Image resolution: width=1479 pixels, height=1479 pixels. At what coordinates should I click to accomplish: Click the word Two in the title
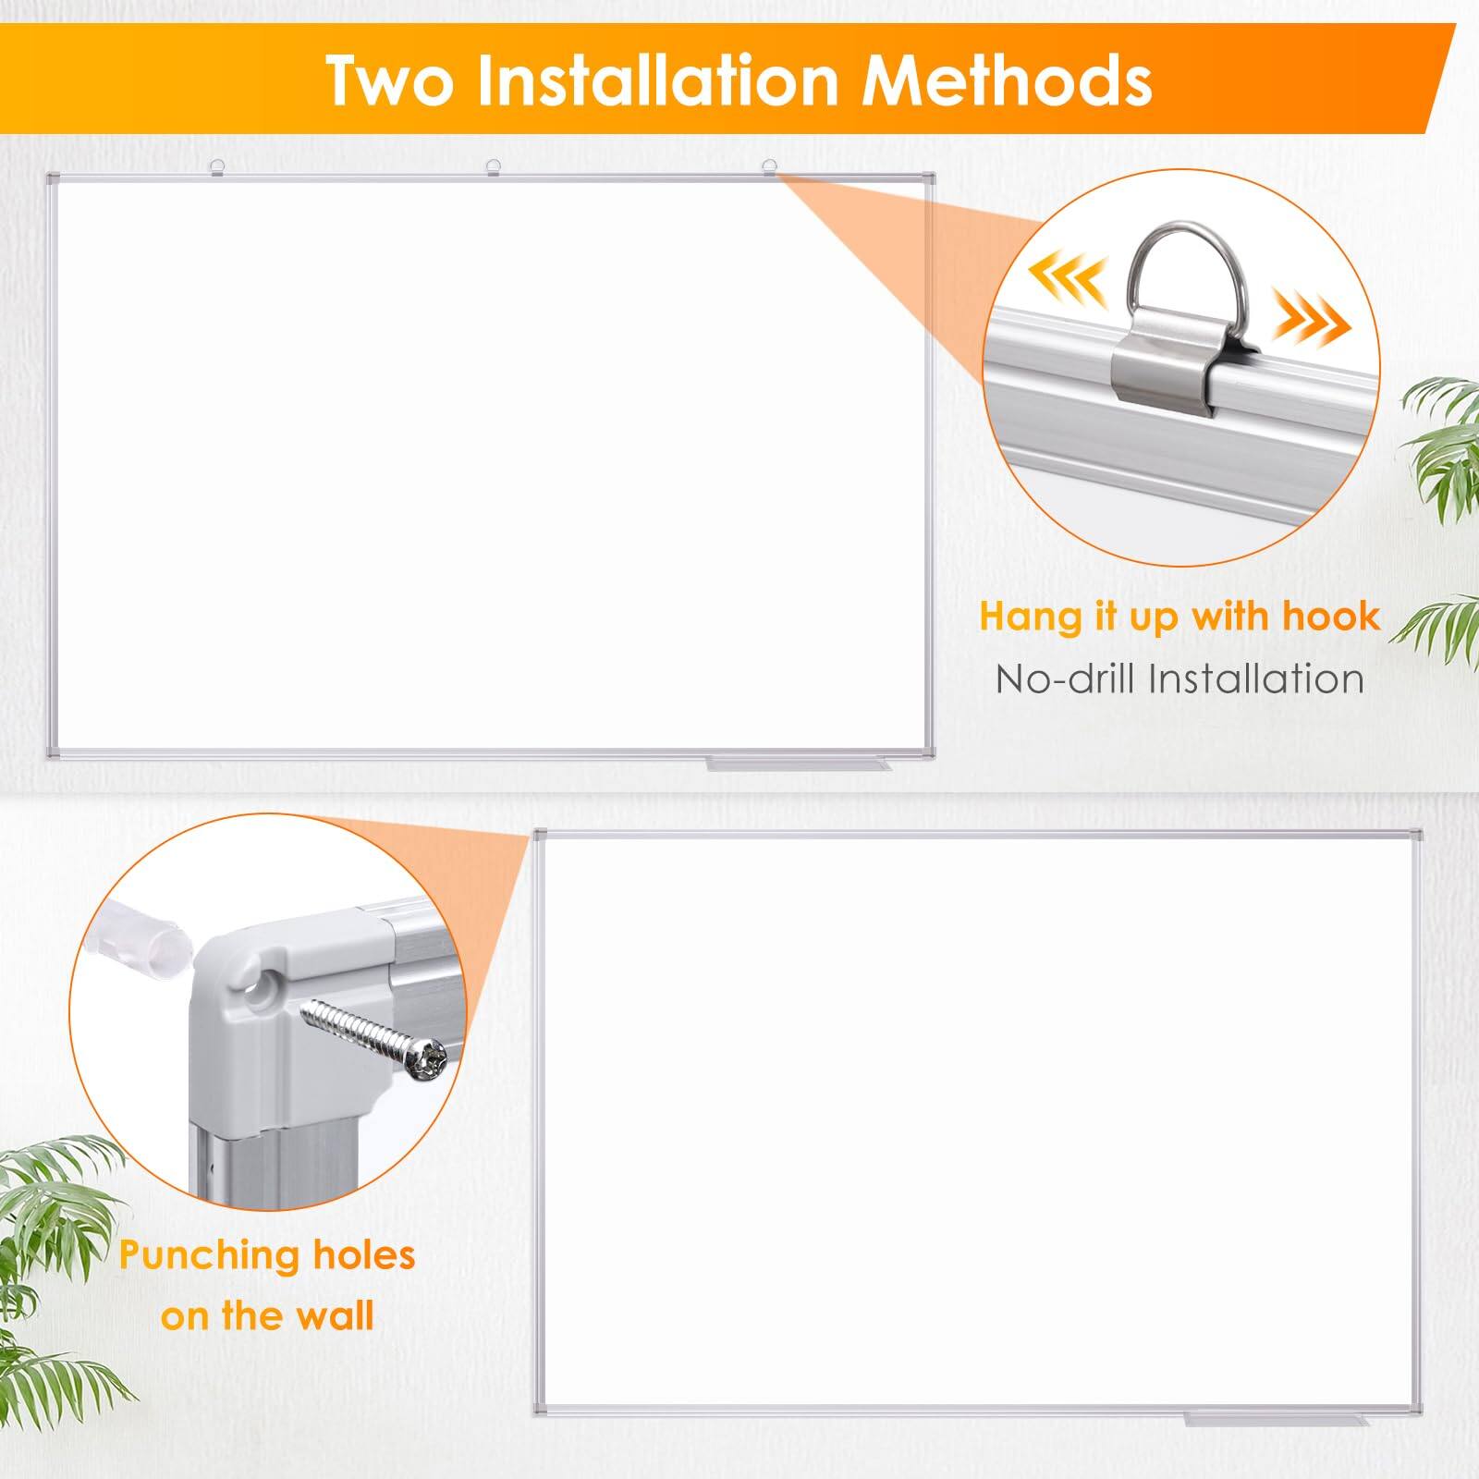[391, 81]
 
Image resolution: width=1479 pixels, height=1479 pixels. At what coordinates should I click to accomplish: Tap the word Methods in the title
[1007, 81]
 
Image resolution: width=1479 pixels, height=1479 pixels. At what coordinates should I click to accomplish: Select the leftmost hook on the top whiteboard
[217, 166]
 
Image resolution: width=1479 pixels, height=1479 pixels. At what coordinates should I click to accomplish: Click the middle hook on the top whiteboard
[494, 166]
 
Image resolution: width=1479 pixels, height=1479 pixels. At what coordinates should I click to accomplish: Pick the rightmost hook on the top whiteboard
[768, 166]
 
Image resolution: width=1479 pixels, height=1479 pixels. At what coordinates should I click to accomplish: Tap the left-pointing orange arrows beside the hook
[1068, 276]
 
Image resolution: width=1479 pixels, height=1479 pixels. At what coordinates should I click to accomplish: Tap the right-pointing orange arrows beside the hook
[1313, 324]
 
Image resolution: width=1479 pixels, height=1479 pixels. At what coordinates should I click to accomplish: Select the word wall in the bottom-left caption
[331, 1315]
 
